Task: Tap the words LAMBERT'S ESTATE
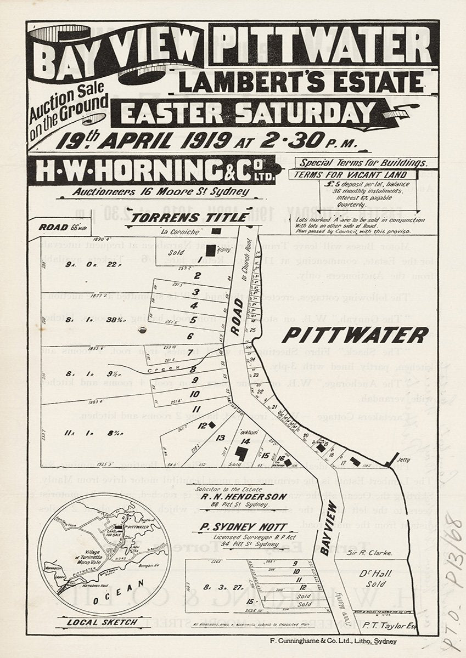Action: pyautogui.click(x=301, y=82)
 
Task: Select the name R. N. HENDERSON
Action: pyautogui.click(x=235, y=497)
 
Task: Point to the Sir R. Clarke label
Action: pyautogui.click(x=371, y=553)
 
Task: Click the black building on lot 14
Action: pyautogui.click(x=240, y=453)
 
